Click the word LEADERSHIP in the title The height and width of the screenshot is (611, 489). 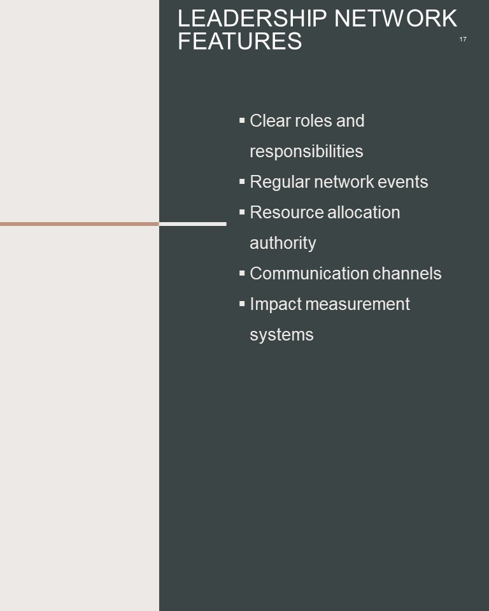pos(252,18)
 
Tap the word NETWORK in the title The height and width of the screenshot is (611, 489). pos(395,18)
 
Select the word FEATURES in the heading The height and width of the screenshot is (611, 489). pos(240,41)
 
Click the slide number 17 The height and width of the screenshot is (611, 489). pos(463,39)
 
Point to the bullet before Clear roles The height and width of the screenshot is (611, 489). pos(242,120)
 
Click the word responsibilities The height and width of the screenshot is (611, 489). pos(306,151)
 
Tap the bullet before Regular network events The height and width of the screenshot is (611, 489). pos(242,181)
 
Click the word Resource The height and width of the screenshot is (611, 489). pos(287,213)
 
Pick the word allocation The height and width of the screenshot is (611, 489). pos(364,213)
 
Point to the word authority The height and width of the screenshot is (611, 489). pos(283,243)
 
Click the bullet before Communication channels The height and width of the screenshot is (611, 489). pos(242,273)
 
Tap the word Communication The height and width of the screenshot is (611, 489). pos(309,274)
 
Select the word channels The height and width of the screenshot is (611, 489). pos(407,274)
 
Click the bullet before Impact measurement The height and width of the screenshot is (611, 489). pos(242,304)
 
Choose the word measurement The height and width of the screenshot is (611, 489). pos(358,304)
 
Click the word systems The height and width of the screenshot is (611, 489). pos(281,335)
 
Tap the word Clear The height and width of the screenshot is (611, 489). pos(270,121)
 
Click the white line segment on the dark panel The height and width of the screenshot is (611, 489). pos(193,224)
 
